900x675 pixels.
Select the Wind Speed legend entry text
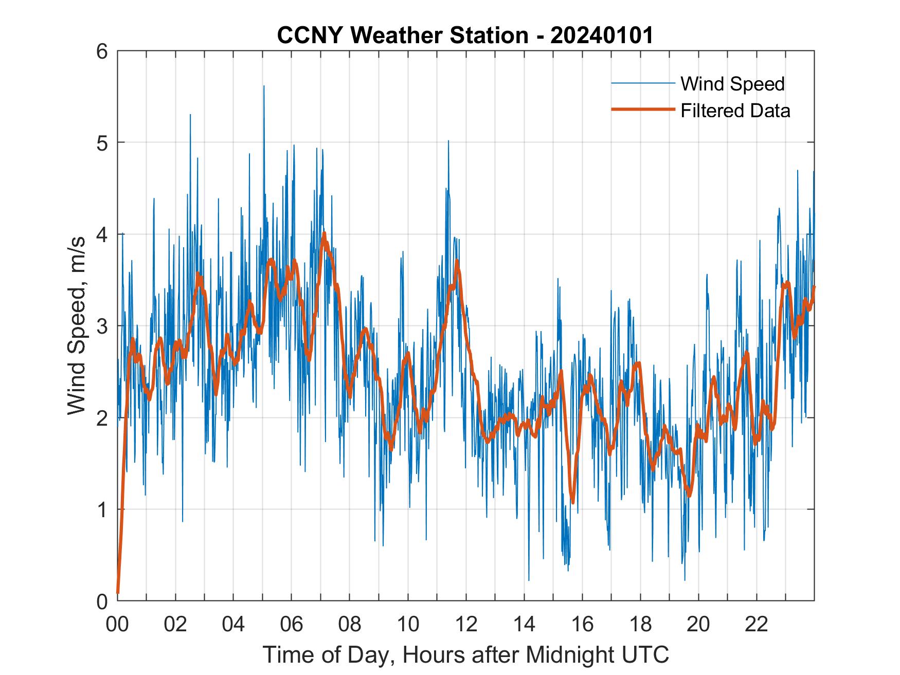732,84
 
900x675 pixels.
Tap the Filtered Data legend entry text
735,111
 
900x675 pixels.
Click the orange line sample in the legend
643,110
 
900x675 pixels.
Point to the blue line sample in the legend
643,83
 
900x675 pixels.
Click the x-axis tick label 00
117,625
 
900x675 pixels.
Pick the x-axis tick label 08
350,625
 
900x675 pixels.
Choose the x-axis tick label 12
466,625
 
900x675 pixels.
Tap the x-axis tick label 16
582,625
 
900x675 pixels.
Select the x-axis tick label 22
757,625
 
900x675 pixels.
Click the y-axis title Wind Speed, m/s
77,326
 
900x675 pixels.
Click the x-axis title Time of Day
466,654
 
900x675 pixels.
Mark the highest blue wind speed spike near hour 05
264,86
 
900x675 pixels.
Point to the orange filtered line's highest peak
324,233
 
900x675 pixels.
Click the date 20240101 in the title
601,35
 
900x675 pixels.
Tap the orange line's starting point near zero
118,592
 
